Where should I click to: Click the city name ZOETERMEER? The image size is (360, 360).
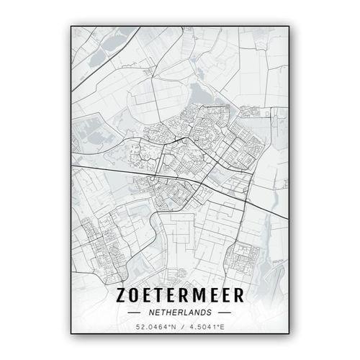(x=180, y=297)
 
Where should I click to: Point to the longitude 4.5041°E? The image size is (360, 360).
(x=204, y=328)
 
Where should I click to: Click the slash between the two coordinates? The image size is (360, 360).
(x=180, y=328)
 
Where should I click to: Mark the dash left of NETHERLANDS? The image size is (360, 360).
(x=135, y=313)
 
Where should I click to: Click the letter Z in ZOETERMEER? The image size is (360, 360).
(x=121, y=297)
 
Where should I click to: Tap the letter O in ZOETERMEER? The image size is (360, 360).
(x=135, y=297)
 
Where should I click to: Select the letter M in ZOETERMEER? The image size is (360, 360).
(x=200, y=297)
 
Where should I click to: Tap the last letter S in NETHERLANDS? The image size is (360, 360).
(x=209, y=313)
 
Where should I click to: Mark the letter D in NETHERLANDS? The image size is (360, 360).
(x=202, y=313)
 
